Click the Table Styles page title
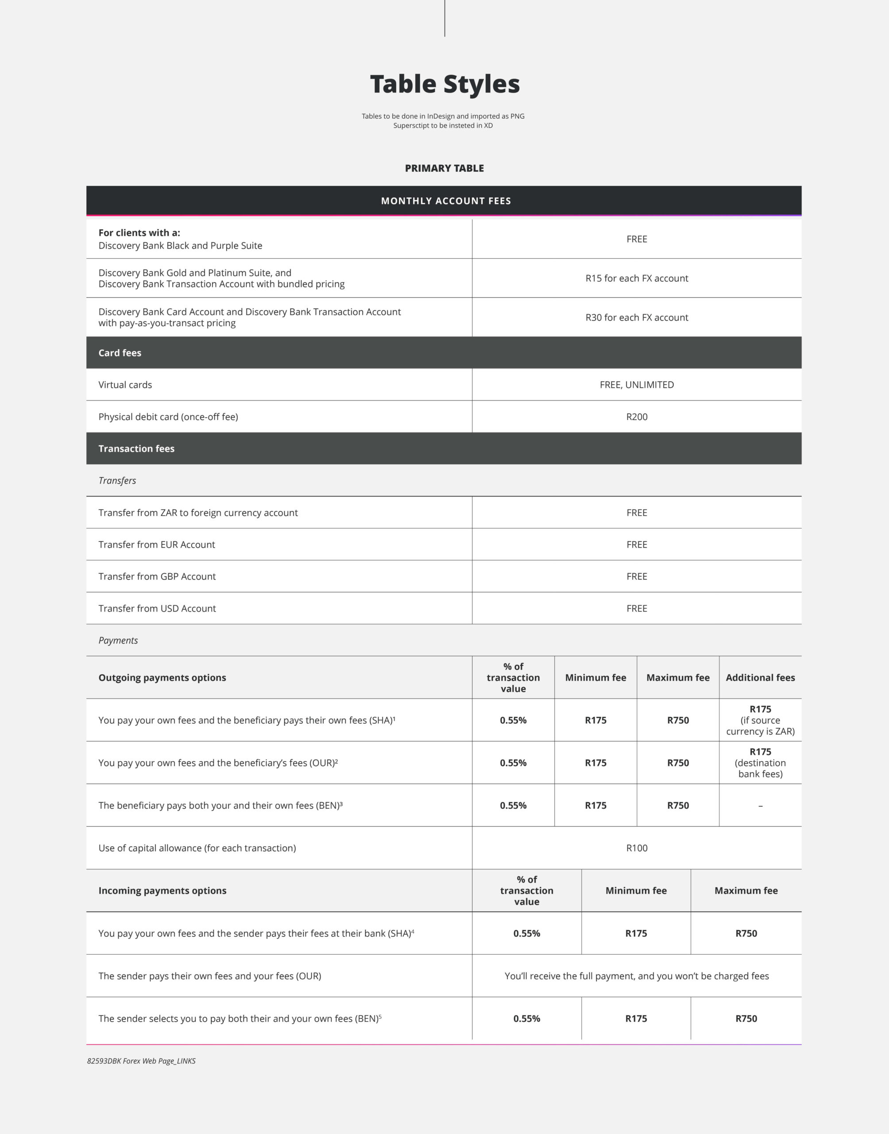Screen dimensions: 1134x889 444,84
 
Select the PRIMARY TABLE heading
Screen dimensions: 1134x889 444,168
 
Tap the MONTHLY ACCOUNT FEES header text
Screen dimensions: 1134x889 445,201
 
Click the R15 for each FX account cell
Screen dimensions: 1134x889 637,278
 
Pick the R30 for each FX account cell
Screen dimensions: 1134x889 637,317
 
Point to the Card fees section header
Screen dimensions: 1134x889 120,353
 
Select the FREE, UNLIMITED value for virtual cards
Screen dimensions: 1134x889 637,385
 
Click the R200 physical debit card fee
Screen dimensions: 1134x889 637,416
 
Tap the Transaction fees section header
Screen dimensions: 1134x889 136,448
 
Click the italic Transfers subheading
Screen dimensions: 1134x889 117,481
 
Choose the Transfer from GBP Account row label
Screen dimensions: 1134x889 157,576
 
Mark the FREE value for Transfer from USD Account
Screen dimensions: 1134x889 637,608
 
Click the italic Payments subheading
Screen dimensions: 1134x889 118,641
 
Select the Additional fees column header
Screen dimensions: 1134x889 760,677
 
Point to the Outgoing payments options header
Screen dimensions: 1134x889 162,677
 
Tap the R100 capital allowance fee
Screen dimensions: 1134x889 637,848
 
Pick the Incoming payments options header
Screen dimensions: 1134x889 162,890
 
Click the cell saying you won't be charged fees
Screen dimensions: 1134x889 637,976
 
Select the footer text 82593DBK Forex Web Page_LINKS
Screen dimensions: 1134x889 141,1060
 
